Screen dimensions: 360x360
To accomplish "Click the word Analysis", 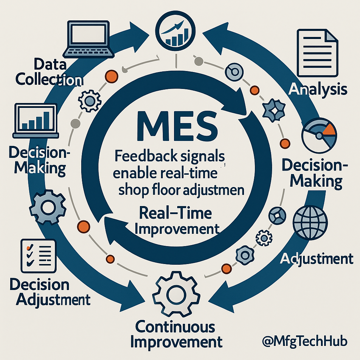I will click(x=317, y=89).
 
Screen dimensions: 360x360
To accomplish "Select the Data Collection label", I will click(x=50, y=72).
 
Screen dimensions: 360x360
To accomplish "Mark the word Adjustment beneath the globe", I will click(x=316, y=259).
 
